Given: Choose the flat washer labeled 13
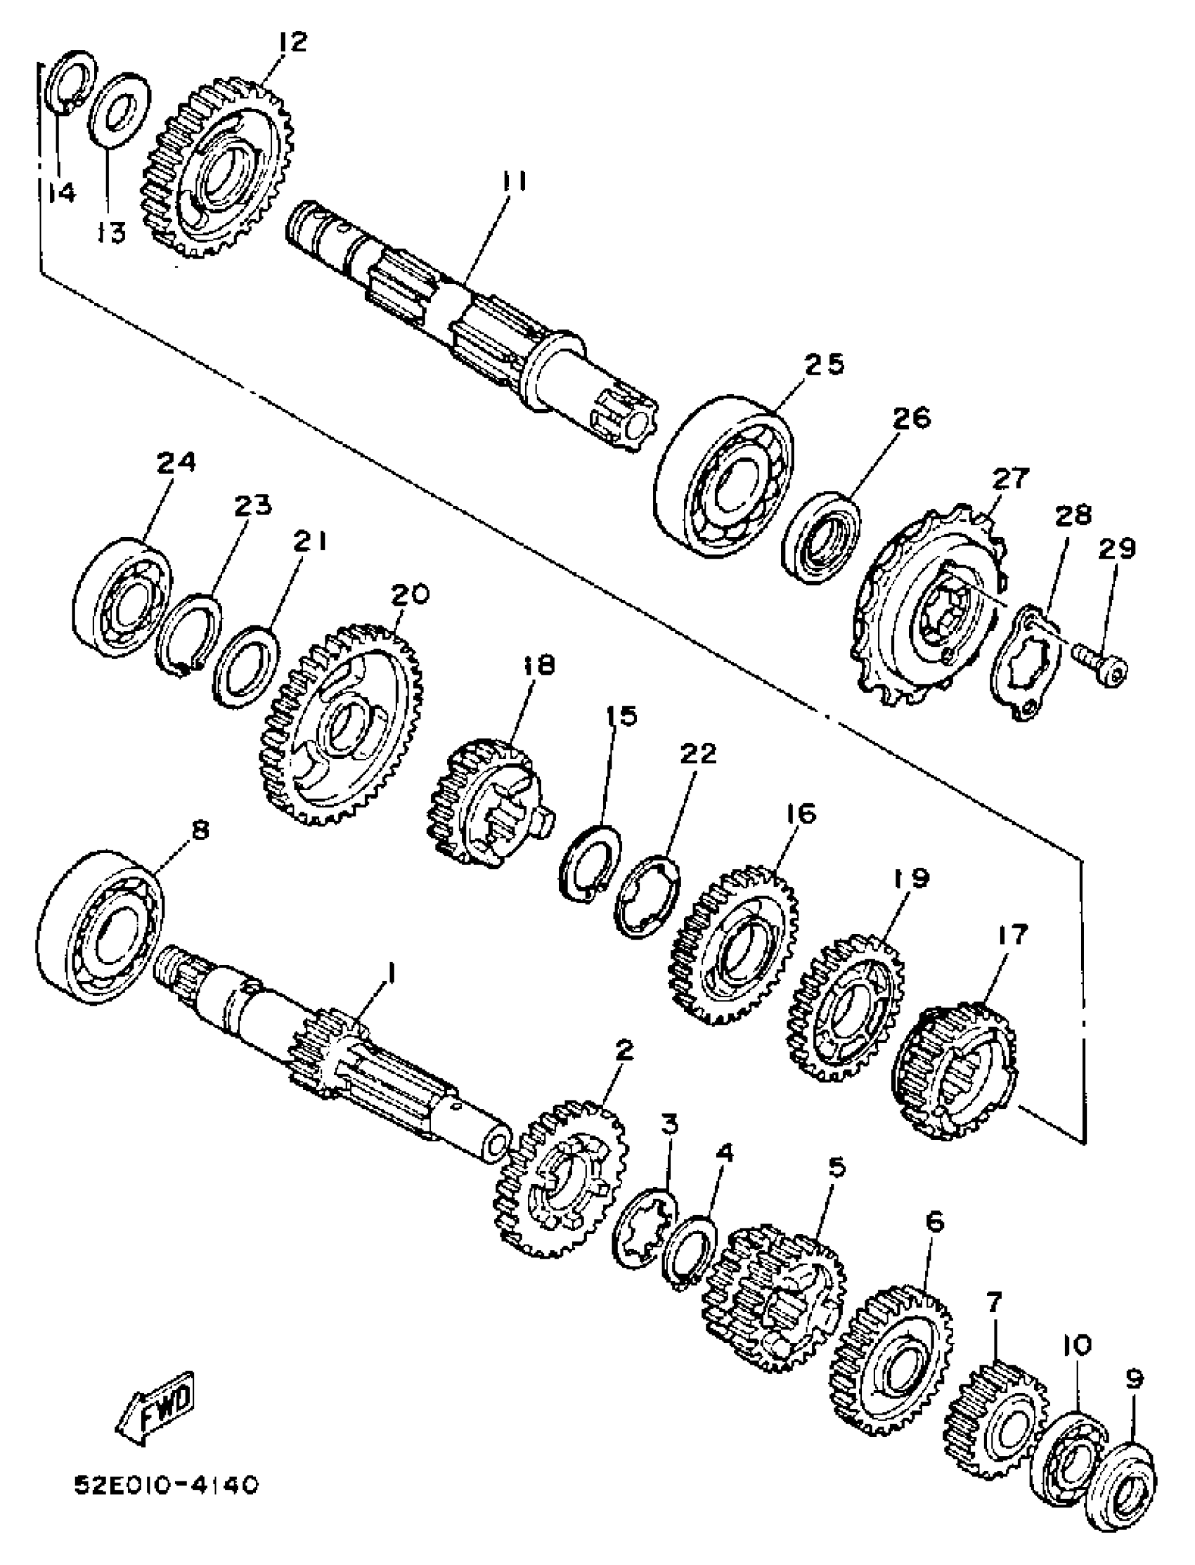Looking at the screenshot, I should click(x=118, y=110).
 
